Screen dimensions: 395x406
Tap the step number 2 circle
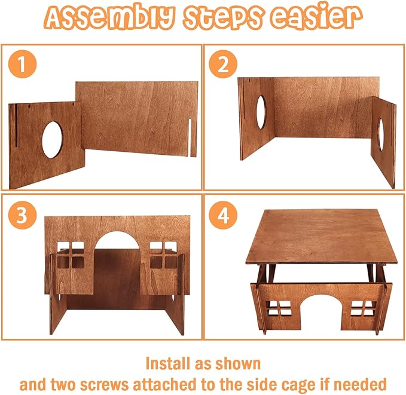[x=222, y=65]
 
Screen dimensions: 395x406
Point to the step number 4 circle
[x=222, y=216]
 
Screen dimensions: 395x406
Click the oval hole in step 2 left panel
[x=261, y=112]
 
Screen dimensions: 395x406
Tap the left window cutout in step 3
[x=71, y=253]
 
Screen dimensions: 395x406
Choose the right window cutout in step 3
[x=163, y=253]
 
